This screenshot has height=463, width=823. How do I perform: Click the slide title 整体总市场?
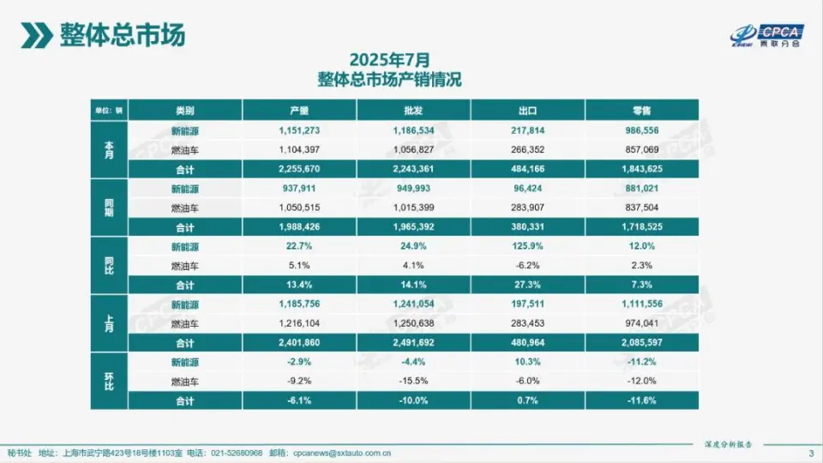(122, 35)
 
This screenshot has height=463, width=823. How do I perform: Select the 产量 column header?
(299, 111)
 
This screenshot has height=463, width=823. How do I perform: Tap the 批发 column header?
(413, 111)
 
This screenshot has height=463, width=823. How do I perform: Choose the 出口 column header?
(527, 111)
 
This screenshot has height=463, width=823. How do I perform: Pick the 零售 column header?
(640, 111)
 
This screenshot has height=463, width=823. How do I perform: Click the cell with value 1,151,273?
(299, 131)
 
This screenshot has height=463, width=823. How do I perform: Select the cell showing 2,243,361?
(413, 169)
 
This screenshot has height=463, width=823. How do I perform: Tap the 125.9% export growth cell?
(527, 247)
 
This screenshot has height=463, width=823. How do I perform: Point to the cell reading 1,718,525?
(640, 226)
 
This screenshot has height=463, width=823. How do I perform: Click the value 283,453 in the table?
(527, 323)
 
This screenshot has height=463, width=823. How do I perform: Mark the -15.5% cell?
(413, 381)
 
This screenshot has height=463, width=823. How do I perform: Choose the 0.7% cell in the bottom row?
(527, 400)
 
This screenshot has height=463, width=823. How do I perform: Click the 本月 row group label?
(108, 150)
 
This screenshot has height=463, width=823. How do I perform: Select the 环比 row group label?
(108, 382)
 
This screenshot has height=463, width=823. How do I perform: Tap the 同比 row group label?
(108, 266)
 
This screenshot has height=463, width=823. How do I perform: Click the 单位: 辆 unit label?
(108, 111)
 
